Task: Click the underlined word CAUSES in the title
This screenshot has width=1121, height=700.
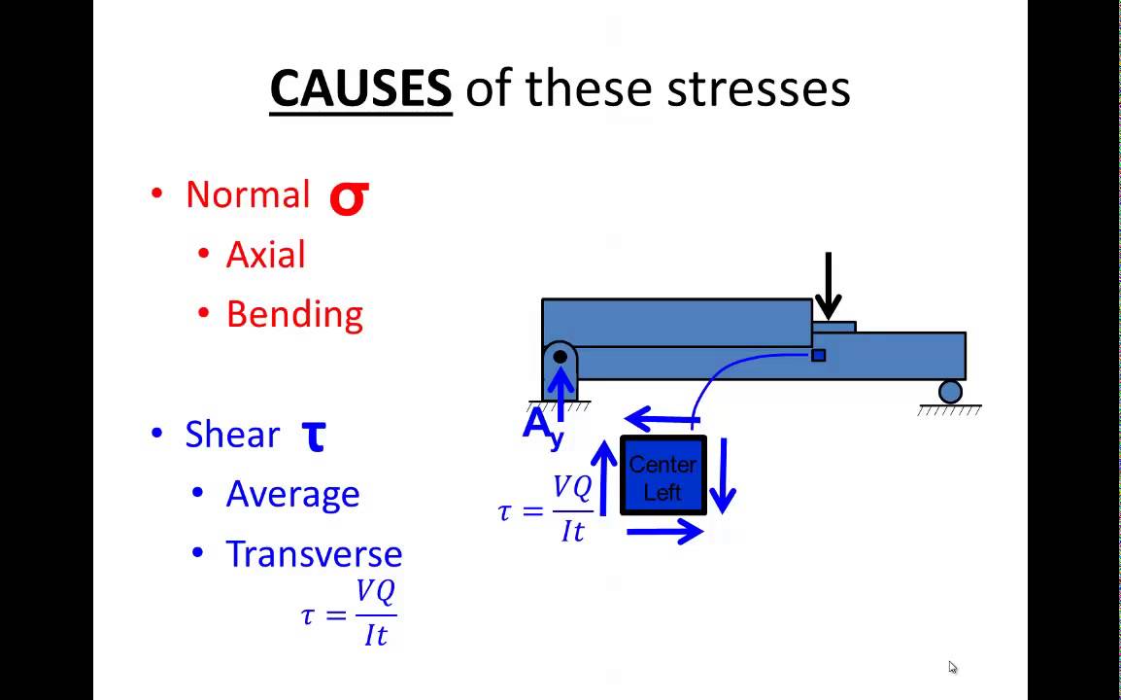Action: click(360, 89)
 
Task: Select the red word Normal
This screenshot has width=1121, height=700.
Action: click(248, 194)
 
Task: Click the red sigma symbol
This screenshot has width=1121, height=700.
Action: click(348, 196)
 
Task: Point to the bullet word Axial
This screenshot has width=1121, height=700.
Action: click(265, 255)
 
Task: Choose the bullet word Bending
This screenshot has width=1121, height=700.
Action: click(294, 314)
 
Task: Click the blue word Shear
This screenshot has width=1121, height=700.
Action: click(232, 435)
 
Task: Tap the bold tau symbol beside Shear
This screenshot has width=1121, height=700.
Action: click(313, 437)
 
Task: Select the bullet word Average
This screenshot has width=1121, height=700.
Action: click(292, 494)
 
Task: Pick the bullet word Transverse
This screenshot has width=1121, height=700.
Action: click(314, 554)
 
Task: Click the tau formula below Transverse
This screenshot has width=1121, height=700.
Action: click(350, 613)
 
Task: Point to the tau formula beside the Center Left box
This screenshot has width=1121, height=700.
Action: click(546, 509)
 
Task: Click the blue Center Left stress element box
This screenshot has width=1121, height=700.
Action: click(663, 476)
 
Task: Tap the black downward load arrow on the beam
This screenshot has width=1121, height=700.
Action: click(828, 284)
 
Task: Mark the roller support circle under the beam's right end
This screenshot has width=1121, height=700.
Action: click(950, 391)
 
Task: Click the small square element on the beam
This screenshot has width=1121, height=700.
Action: click(818, 356)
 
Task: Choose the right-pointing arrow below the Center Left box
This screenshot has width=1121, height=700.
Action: click(665, 531)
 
